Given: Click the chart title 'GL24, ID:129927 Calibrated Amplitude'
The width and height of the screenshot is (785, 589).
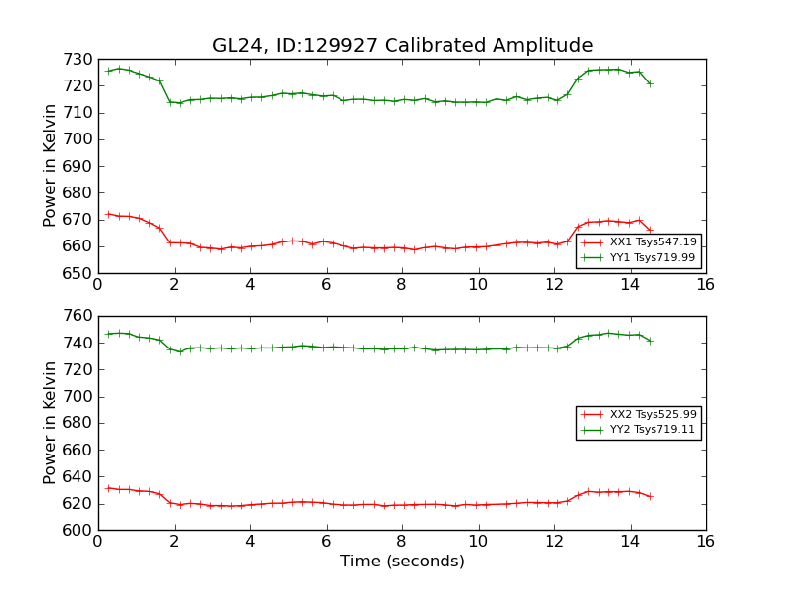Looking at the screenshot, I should pos(402,45).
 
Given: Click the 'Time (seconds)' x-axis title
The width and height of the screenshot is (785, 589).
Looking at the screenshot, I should pos(402,562).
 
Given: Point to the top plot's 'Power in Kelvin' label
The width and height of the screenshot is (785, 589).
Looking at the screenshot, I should pos(51,166).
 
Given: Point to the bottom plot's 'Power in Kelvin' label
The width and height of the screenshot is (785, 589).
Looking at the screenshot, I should pos(51,423).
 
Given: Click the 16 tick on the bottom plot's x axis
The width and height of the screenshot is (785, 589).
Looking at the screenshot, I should pos(706,541).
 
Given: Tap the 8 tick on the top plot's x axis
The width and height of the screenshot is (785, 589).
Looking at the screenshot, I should pos(401,284).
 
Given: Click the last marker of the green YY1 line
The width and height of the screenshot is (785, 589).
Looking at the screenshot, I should pos(650,83).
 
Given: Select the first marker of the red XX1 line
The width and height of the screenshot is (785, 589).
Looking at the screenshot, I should pos(108,214).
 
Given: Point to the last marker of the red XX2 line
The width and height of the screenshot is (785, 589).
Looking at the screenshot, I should pos(650,496).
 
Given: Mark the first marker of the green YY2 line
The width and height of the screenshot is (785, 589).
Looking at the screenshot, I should pos(108,334).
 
